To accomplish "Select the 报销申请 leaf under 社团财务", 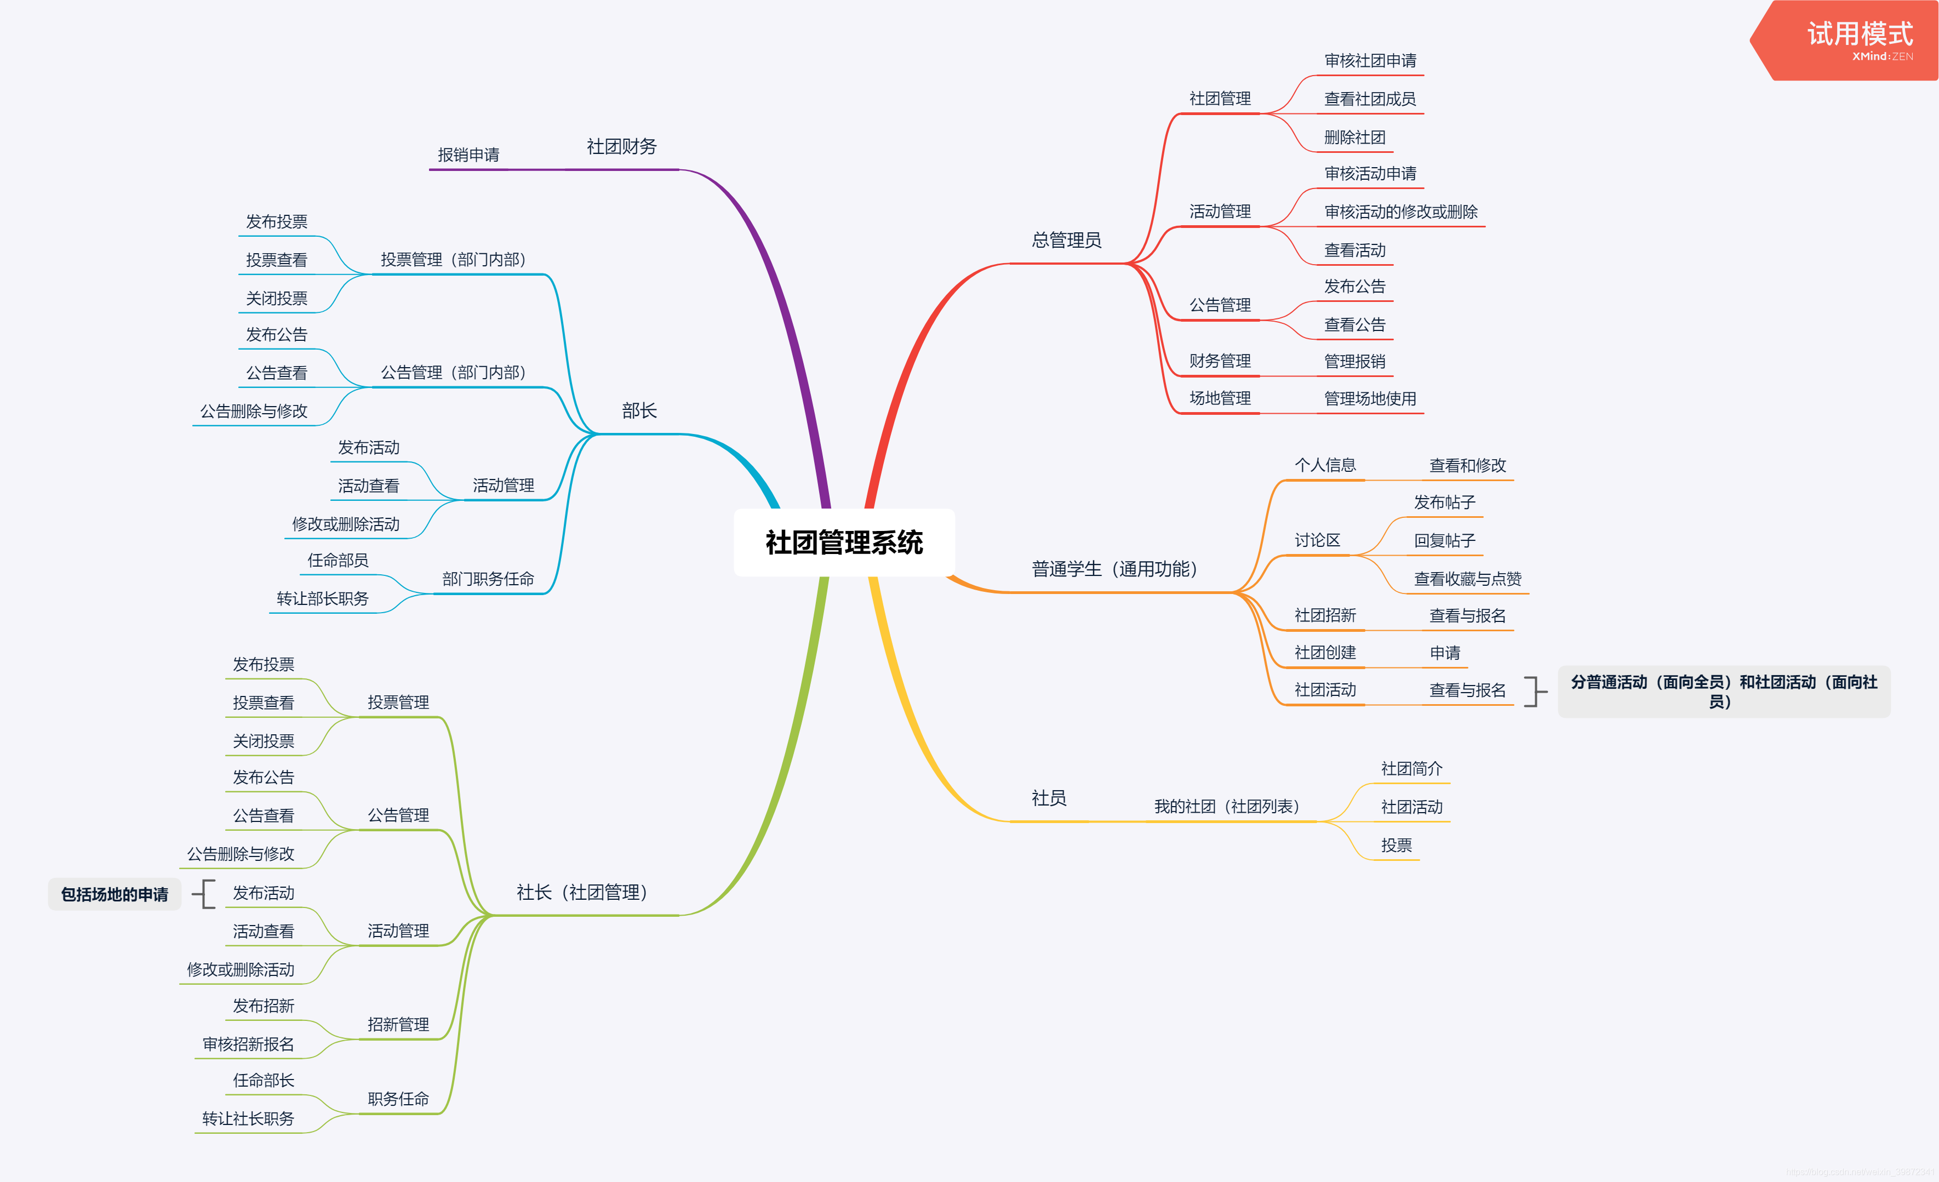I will (468, 155).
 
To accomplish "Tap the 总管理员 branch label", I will (1066, 240).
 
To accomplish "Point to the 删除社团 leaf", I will (1354, 138).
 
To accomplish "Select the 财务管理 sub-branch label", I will (1220, 361).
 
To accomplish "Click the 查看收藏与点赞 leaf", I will (1467, 579).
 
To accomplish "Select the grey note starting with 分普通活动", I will (1723, 692).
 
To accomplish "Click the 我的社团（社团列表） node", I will (1226, 807).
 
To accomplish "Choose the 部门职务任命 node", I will (488, 579).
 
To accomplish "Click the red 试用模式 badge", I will (1857, 38).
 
